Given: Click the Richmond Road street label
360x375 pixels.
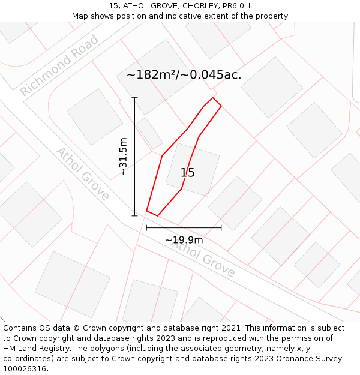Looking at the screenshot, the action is (x=59, y=65).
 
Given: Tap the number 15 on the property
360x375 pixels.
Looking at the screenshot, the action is (x=188, y=173).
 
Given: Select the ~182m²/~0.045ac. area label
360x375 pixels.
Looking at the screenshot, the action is (x=184, y=75).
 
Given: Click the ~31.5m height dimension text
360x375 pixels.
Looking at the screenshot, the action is (x=124, y=157).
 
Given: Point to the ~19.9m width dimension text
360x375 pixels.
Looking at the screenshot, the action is (x=184, y=240).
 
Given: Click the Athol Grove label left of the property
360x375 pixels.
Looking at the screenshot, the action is (x=83, y=173).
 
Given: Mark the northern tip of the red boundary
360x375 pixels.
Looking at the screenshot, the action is (x=212, y=98).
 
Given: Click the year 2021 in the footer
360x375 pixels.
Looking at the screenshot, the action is (x=229, y=328).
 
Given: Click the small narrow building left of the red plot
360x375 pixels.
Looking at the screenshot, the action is (x=149, y=133).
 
